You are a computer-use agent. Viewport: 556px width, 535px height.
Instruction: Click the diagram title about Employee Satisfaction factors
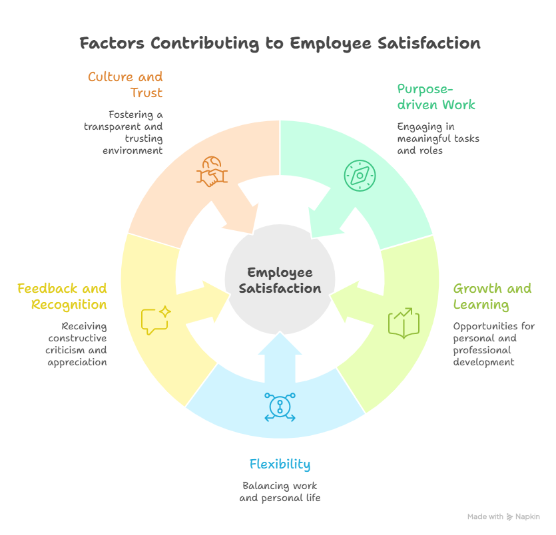[280, 44]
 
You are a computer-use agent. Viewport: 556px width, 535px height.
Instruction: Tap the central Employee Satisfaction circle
[280, 280]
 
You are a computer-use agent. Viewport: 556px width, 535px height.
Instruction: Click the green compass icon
[360, 174]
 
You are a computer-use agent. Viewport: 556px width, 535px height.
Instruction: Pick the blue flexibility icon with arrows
[280, 407]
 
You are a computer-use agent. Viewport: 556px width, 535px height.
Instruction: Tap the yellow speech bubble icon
[156, 320]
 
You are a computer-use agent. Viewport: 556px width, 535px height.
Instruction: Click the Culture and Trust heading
[125, 85]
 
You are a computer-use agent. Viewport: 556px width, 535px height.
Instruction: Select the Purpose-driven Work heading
[436, 96]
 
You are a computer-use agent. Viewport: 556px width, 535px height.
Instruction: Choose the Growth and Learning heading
[492, 297]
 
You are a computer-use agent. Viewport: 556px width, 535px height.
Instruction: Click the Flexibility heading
[280, 464]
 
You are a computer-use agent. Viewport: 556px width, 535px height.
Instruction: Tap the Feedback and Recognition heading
[62, 297]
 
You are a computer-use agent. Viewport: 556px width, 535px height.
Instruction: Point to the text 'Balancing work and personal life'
[280, 492]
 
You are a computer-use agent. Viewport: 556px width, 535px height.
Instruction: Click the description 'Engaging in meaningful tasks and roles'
[438, 138]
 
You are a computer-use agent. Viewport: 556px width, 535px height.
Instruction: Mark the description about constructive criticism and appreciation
[77, 344]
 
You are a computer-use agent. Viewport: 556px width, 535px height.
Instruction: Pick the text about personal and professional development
[484, 344]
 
